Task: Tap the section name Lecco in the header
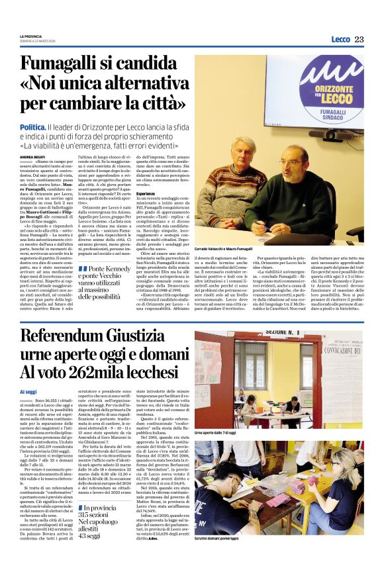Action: coord(340,40)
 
